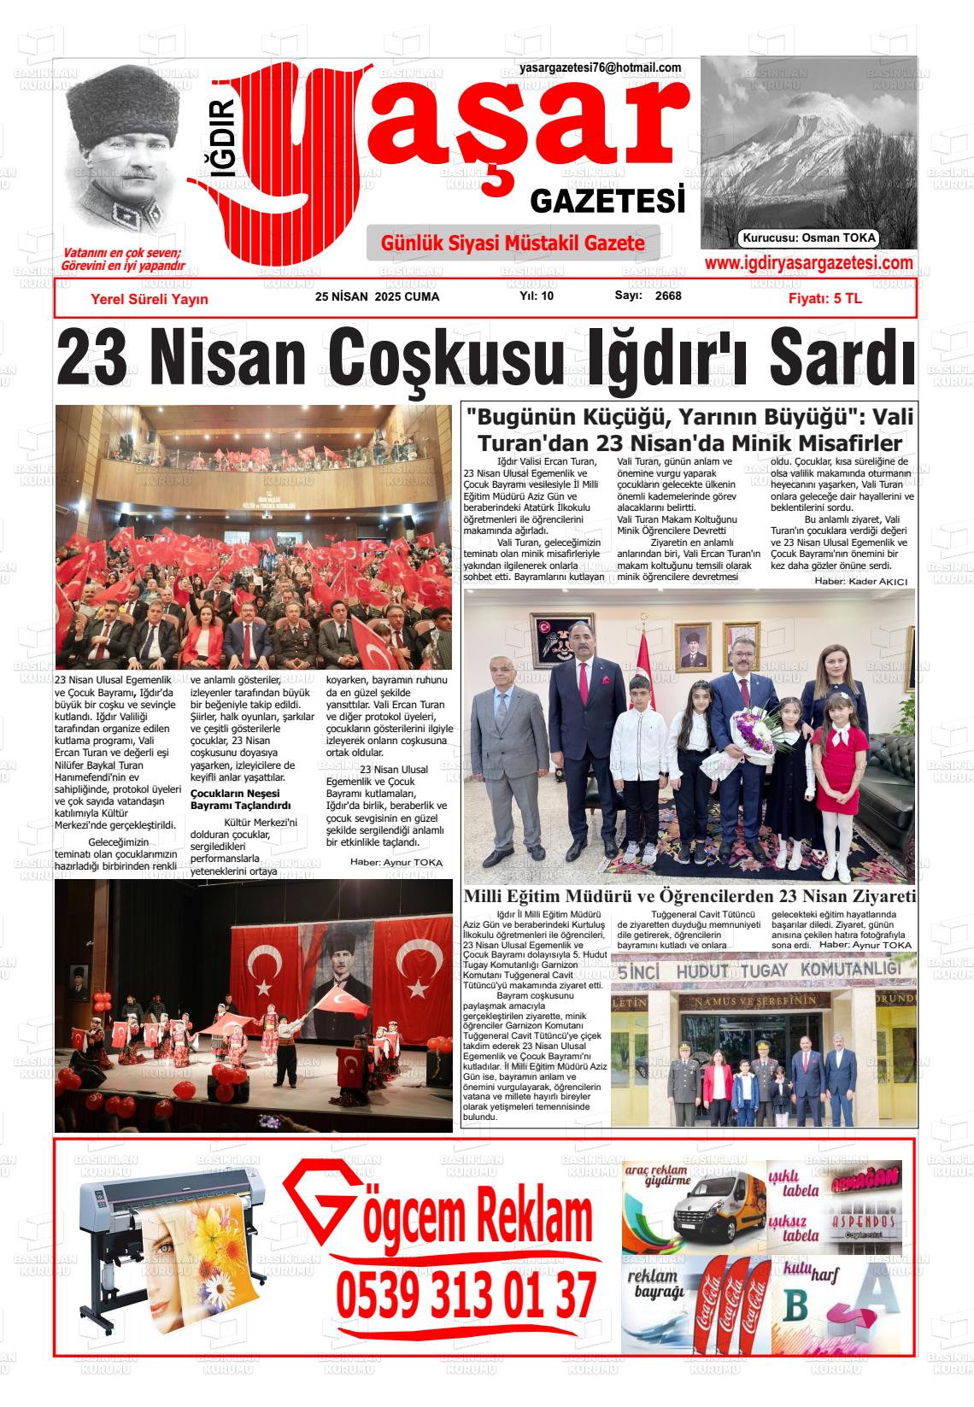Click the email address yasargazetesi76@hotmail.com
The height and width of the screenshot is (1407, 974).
pyautogui.click(x=600, y=68)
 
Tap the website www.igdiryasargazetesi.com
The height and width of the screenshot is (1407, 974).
pyautogui.click(x=808, y=264)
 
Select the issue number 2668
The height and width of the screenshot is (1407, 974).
pyautogui.click(x=668, y=296)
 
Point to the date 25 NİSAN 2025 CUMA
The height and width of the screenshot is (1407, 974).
pyautogui.click(x=377, y=297)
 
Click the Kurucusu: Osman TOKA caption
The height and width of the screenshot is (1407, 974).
pyautogui.click(x=809, y=238)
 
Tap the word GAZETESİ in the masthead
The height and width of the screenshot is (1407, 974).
pyautogui.click(x=607, y=202)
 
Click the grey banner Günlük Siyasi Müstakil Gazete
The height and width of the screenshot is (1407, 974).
pyautogui.click(x=513, y=243)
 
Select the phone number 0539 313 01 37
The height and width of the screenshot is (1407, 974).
pyautogui.click(x=466, y=1295)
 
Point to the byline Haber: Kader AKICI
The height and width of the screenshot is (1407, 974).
pyautogui.click(x=860, y=581)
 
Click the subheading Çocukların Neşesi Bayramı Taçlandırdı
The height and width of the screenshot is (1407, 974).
pyautogui.click(x=241, y=799)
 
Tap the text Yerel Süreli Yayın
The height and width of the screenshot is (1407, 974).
pyautogui.click(x=149, y=299)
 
